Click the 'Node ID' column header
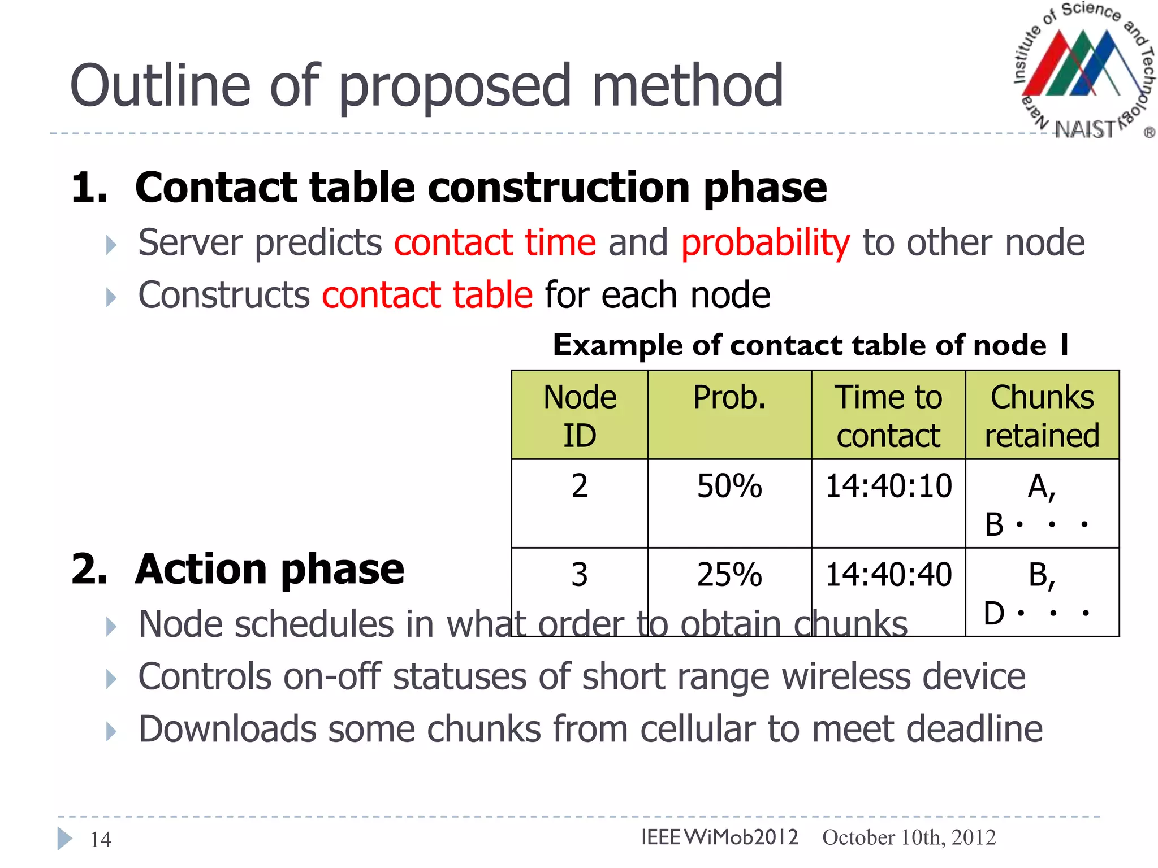point(580,415)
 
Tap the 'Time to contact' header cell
point(888,415)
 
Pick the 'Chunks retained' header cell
point(1042,415)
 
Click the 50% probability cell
point(729,486)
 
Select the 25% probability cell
point(729,575)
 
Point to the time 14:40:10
point(888,486)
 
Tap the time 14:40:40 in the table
point(888,575)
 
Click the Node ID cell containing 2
point(580,486)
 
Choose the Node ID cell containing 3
point(580,575)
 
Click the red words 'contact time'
point(495,242)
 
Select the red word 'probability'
point(765,244)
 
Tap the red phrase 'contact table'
point(427,295)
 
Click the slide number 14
point(101,840)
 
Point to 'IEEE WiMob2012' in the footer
point(720,837)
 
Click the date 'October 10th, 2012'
point(909,837)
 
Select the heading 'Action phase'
point(270,570)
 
